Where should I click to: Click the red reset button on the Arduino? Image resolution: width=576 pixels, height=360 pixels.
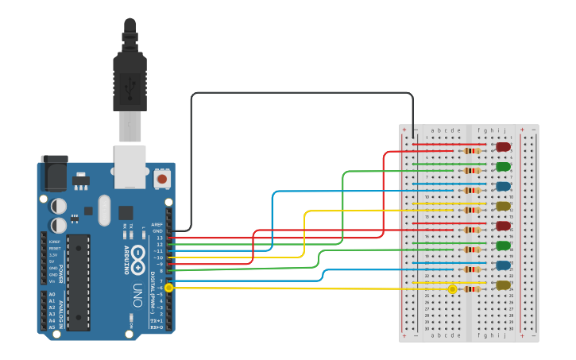(162, 179)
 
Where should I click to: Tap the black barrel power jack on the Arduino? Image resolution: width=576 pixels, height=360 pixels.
(54, 173)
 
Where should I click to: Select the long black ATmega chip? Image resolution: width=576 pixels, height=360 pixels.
(78, 281)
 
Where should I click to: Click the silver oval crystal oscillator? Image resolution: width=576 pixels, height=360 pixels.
(105, 210)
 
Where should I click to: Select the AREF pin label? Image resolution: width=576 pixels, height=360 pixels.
(157, 225)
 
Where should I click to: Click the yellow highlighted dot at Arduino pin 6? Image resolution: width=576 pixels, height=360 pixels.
(169, 288)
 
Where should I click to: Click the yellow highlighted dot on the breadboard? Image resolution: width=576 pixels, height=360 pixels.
(452, 289)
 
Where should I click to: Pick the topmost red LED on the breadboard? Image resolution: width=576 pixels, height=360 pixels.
(503, 147)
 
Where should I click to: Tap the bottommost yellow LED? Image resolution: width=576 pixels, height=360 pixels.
(503, 285)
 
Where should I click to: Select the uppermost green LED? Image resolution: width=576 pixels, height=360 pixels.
(503, 167)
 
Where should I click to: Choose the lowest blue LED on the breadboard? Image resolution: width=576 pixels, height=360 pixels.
(503, 265)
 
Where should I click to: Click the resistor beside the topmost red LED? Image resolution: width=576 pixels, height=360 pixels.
(472, 150)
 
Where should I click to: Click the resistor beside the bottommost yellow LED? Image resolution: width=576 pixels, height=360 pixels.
(472, 288)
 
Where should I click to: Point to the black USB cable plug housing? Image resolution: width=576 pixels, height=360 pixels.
(130, 79)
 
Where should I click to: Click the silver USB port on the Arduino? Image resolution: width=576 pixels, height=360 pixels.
(130, 166)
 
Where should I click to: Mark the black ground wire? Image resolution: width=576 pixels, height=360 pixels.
(302, 93)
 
